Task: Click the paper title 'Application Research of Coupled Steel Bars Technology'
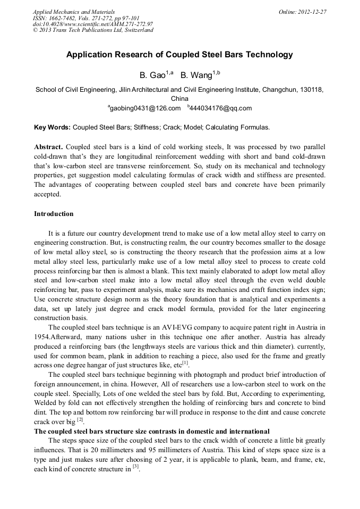[x=179, y=55]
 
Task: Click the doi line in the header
[x=93, y=24]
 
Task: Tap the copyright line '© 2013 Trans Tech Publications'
[x=92, y=30]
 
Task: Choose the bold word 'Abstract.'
[x=48, y=146]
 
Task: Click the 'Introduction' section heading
[x=54, y=214]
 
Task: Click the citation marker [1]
[x=185, y=364]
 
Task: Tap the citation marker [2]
[x=80, y=420]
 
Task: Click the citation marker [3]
[x=136, y=467]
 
